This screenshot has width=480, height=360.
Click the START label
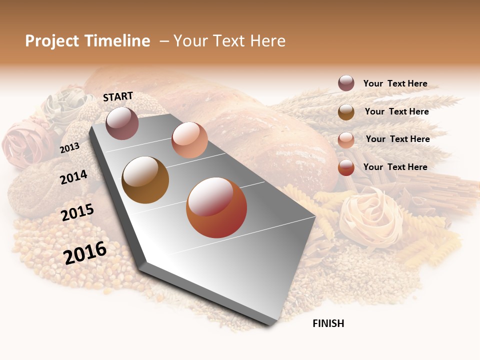coord(118,96)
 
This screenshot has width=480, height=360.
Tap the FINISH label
coord(328,323)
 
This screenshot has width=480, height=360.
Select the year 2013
coord(69,147)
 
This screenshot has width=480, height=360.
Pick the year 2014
coord(73,177)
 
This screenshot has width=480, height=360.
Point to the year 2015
coord(77,212)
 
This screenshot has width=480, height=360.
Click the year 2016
coord(85,252)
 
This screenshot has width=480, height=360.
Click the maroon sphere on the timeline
coord(122,123)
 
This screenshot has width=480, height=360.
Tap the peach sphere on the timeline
coord(189,139)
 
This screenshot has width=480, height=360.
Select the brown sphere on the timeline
coord(145,180)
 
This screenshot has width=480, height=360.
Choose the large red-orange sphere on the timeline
coord(216,207)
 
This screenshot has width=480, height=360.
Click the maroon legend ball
coord(346,83)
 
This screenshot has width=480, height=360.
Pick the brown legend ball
coord(346,112)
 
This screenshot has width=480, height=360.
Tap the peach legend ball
coord(346,139)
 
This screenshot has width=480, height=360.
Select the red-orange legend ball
coord(346,167)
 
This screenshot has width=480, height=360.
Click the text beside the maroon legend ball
coord(395,83)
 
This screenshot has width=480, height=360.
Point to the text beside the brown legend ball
coord(396,111)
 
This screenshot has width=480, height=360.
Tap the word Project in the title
coord(52,41)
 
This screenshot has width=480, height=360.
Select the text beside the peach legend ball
coord(397,139)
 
